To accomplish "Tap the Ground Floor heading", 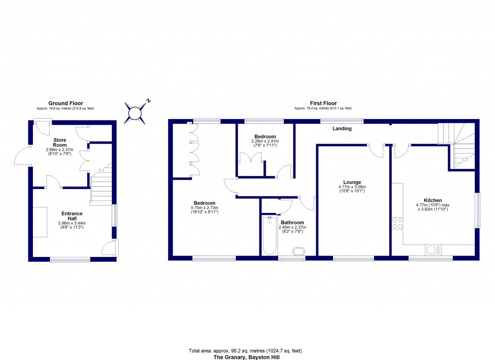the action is [x=66, y=103].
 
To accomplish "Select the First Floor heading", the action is [x=323, y=103].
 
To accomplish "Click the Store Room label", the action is [x=59, y=143].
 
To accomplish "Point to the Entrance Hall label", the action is [x=72, y=216].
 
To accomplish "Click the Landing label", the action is [x=342, y=128].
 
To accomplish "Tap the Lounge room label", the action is [x=352, y=182].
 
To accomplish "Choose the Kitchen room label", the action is [x=433, y=200].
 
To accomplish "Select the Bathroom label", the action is [x=292, y=223].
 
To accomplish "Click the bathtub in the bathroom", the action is [x=270, y=235].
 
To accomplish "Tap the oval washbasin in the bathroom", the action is [x=298, y=252].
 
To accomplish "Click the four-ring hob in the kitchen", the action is [x=397, y=223].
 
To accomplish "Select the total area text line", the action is [x=245, y=351].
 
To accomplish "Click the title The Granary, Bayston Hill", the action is [x=247, y=357].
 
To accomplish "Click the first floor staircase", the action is [x=456, y=145].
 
